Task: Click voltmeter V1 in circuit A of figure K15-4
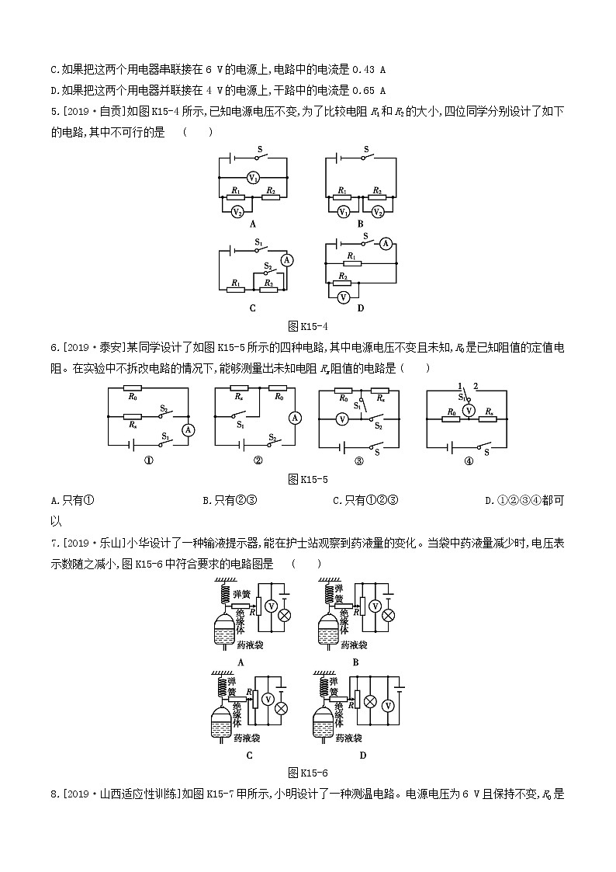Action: coord(253,178)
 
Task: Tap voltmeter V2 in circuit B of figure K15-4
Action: coord(378,211)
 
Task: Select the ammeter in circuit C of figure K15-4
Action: coord(287,260)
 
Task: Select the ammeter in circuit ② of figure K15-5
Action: coord(294,418)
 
